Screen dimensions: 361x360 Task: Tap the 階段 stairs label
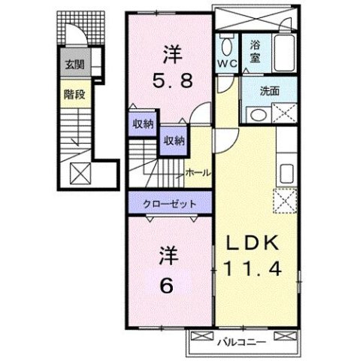pyautogui.click(x=72, y=96)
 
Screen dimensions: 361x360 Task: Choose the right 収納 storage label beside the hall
pyautogui.click(x=174, y=140)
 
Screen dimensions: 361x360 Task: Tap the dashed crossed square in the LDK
pyautogui.click(x=283, y=199)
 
